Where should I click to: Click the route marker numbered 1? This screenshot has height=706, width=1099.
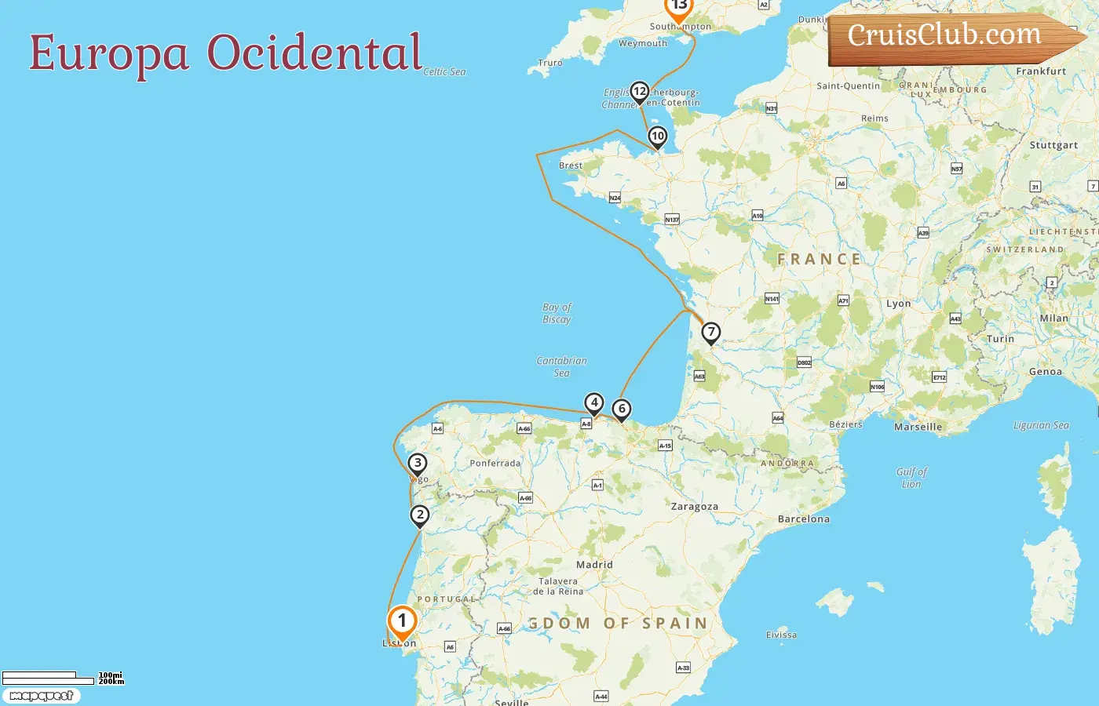pos(402,622)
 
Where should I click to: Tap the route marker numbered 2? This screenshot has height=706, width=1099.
pos(420,515)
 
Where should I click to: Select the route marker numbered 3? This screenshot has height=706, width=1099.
pos(418,463)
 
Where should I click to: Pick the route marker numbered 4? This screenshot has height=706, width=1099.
pos(594,403)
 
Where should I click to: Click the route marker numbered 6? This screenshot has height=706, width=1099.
pos(622,409)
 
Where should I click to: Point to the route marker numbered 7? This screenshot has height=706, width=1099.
pos(711,332)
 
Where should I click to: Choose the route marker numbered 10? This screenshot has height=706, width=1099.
pos(658,136)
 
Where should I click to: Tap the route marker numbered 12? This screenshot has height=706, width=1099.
pos(640,92)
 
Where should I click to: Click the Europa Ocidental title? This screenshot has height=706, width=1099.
pos(225,53)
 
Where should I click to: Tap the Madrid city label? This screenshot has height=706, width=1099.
pos(594,565)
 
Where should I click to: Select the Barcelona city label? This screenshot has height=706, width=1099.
pos(803,519)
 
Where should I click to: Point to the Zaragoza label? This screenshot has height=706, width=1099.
pos(694,507)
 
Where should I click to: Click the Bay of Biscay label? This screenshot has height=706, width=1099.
pos(557,313)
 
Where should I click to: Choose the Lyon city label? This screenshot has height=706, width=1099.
pos(898,304)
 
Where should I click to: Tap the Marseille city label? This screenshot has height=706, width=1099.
pos(918,428)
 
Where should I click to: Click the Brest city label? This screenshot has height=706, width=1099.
pos(571,166)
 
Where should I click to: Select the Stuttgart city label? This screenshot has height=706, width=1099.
pos(1053,145)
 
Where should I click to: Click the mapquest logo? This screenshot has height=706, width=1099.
pos(41,696)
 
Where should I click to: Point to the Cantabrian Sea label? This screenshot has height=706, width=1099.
pos(561,366)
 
